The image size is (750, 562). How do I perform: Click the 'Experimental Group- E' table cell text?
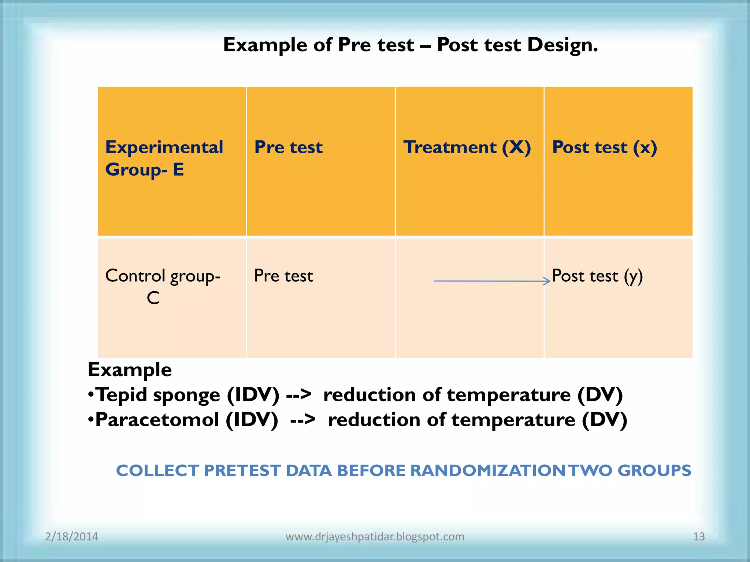point(164,158)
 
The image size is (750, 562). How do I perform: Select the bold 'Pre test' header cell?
point(288,147)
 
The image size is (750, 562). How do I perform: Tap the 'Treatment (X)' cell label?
point(467,147)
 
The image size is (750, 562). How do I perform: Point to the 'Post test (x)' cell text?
point(604,147)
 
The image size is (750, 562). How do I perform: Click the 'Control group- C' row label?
point(163,286)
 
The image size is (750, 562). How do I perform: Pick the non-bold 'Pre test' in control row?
point(283,276)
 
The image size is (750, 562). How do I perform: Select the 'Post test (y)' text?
point(597,276)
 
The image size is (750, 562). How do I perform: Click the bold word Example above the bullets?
point(130,370)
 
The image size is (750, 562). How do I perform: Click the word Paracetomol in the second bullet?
point(157,420)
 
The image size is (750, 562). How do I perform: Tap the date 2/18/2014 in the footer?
point(71,536)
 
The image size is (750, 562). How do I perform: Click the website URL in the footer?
point(375,536)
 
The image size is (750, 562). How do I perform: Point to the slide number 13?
point(699,536)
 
